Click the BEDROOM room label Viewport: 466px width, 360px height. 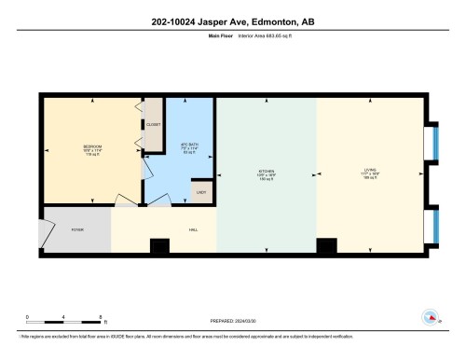tap(92, 146)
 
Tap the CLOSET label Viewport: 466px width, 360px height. tap(154, 125)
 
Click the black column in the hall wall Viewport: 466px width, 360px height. tap(160, 246)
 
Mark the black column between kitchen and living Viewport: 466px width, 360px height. tap(325, 246)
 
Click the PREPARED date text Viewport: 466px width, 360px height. tap(232, 323)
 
